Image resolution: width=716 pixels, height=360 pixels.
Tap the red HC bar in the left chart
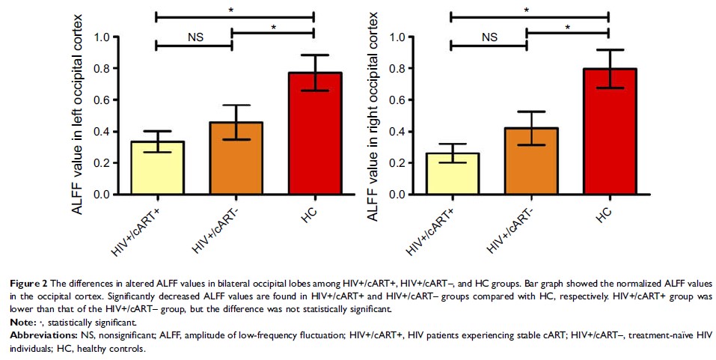[x=314, y=134]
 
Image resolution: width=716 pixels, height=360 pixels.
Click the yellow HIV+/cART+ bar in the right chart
[x=451, y=174]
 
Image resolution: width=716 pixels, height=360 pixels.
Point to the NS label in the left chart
[x=195, y=35]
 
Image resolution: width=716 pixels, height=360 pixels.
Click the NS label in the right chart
[x=489, y=35]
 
